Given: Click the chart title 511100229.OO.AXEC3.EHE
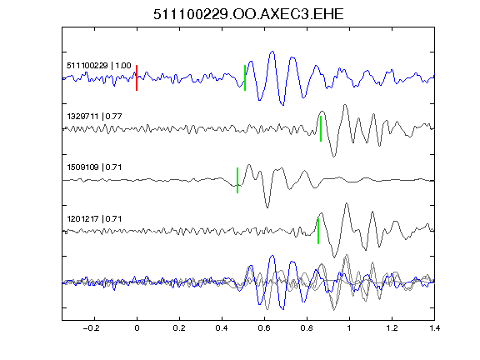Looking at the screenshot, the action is (x=248, y=14).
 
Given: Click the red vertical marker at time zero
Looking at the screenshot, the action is (x=137, y=77).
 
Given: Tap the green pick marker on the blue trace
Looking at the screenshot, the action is (x=245, y=77).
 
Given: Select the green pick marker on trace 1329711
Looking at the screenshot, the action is (x=321, y=128).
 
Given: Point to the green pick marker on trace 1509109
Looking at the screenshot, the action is (x=237, y=180).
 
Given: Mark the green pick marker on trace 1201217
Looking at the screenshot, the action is (x=318, y=231).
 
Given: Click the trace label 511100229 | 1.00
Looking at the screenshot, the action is (x=99, y=66).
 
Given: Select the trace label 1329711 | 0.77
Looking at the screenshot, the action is (x=94, y=117).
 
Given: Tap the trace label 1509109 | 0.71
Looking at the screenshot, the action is (x=94, y=167).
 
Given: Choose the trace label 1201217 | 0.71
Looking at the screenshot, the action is (x=94, y=219).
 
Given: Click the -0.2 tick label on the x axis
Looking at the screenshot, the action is (x=91, y=328).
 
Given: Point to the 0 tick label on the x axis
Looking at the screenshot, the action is (x=137, y=328).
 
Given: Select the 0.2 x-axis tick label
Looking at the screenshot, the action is (x=179, y=328).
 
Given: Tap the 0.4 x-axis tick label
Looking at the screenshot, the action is (x=222, y=328).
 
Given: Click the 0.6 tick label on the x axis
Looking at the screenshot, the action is (x=264, y=328).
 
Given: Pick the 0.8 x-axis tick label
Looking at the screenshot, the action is (x=307, y=328).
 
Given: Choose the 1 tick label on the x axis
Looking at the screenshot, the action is (x=349, y=328).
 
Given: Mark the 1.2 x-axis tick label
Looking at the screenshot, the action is (x=392, y=328).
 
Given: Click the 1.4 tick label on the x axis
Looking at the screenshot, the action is (x=434, y=328).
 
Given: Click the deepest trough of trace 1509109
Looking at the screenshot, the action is (x=267, y=207).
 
